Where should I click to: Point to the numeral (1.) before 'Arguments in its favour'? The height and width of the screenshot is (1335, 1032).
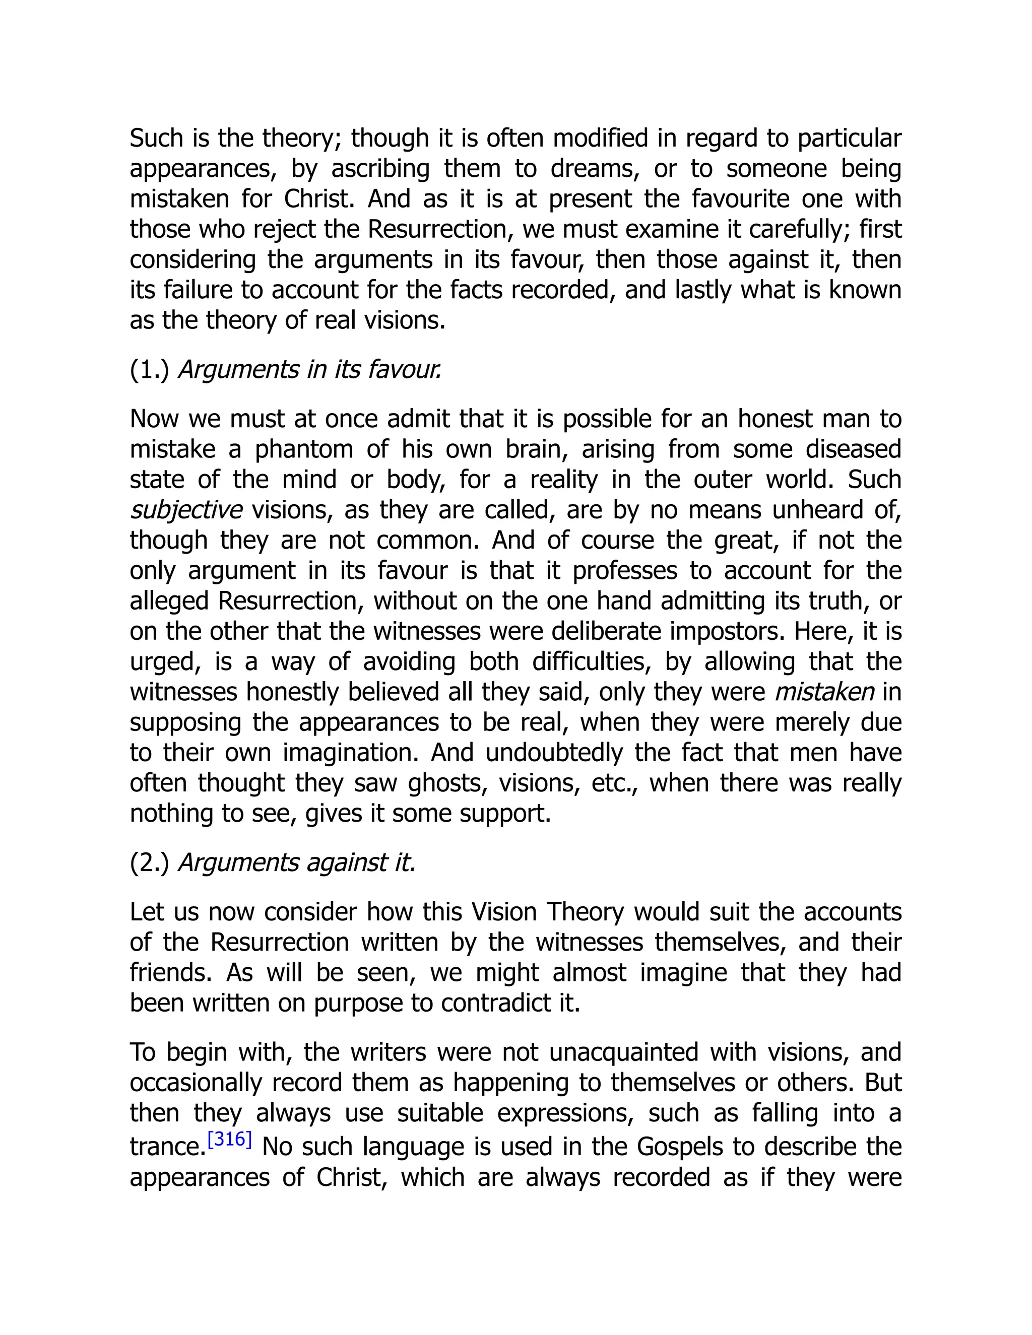tap(149, 370)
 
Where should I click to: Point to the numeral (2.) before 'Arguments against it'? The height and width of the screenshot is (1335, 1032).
tap(149, 862)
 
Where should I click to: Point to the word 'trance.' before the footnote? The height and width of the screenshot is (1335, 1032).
tap(167, 1147)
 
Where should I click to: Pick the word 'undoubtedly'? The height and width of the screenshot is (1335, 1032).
tap(553, 753)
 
